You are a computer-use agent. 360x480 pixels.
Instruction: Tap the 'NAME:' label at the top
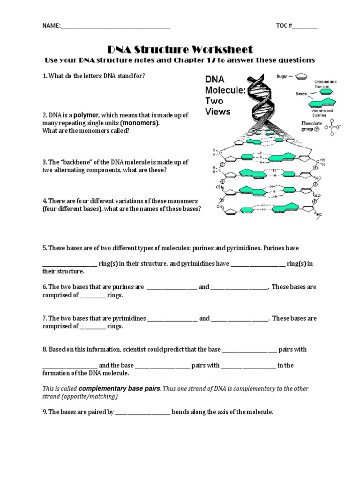click(x=52, y=27)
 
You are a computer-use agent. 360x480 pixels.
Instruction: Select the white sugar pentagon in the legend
click(x=302, y=75)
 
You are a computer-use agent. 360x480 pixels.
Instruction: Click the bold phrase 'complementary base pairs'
click(x=120, y=389)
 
